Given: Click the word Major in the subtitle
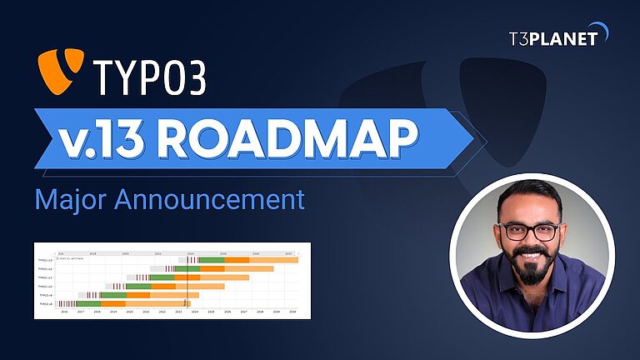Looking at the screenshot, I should (67, 201).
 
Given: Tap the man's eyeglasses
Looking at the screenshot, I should (529, 231).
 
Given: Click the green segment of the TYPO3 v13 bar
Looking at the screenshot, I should (212, 261).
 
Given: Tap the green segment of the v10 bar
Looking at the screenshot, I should (138, 287).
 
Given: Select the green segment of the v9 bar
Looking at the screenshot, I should (113, 295).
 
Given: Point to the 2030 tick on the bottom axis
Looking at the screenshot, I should (292, 312).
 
